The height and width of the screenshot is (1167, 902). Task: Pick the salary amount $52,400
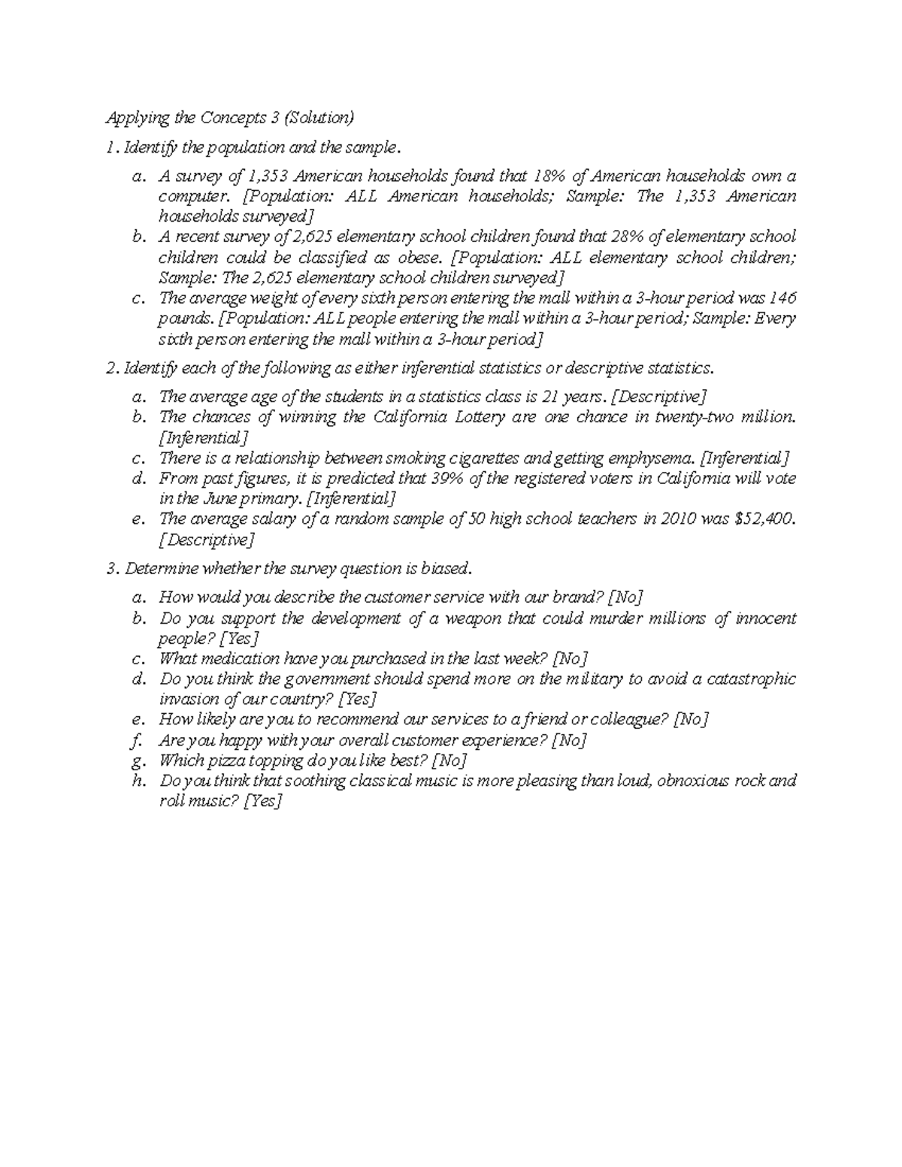[762, 519]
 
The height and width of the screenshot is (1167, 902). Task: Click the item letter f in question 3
[137, 740]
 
